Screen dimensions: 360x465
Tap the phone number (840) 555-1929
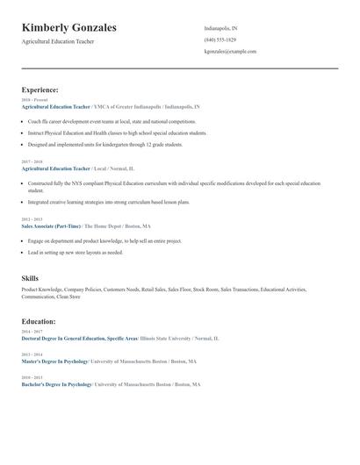point(220,39)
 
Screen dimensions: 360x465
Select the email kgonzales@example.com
point(230,51)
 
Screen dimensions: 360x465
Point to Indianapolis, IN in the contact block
point(220,28)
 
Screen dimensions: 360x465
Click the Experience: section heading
point(40,89)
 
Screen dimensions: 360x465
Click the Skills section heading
point(30,278)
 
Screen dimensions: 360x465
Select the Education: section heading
point(40,321)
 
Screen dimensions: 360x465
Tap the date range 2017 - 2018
point(31,161)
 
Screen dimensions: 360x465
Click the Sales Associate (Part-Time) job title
point(51,225)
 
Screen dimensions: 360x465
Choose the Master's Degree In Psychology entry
point(55,361)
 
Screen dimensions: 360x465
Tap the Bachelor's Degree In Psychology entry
point(56,384)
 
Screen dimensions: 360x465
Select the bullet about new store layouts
point(76,252)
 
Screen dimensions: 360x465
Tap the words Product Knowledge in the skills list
point(41,288)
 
